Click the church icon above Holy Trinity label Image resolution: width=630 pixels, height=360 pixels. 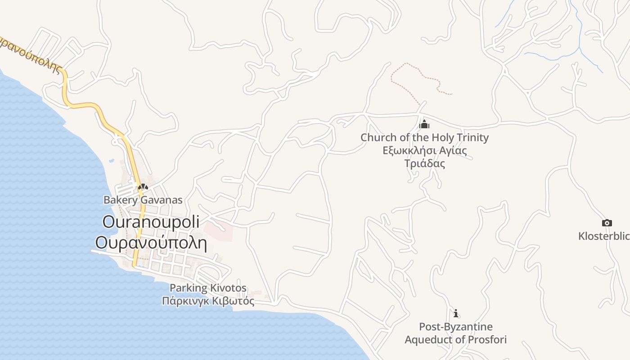(424, 124)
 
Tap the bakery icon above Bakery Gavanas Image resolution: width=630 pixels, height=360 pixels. (143, 187)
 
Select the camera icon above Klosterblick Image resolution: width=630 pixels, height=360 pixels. (607, 223)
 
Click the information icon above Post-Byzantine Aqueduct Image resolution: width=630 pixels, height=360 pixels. (456, 313)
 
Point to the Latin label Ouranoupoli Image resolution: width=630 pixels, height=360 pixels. (151, 222)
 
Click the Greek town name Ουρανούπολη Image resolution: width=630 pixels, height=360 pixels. (151, 243)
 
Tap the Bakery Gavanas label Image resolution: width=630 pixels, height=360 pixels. (143, 200)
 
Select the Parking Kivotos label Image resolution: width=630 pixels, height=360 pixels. (208, 288)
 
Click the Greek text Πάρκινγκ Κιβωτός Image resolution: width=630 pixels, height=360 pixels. (208, 301)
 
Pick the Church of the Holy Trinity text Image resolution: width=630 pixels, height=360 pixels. (424, 137)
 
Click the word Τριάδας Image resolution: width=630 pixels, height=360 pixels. (424, 163)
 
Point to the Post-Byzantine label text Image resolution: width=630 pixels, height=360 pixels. (456, 327)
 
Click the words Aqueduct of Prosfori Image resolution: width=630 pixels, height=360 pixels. (456, 339)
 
